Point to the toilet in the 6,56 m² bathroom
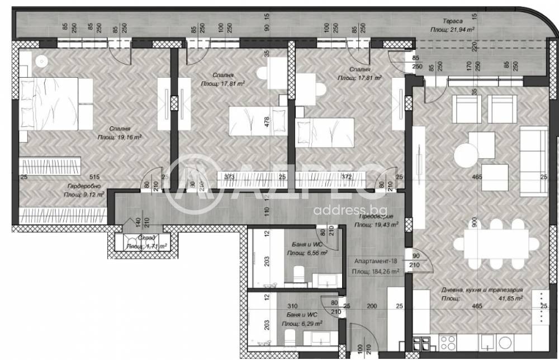tap(298, 273)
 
